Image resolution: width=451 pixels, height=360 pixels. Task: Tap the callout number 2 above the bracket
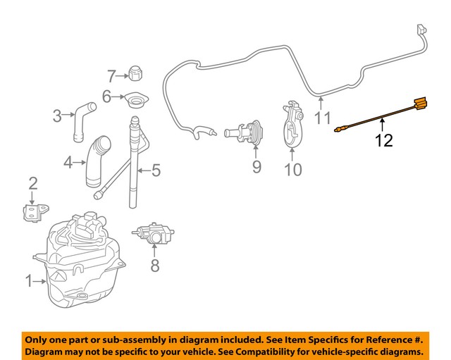[x=32, y=185]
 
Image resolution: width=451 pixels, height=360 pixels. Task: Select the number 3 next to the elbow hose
[x=57, y=115]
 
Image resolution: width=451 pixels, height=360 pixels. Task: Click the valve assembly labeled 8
[x=152, y=233]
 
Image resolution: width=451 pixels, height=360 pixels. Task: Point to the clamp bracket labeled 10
[x=292, y=126]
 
